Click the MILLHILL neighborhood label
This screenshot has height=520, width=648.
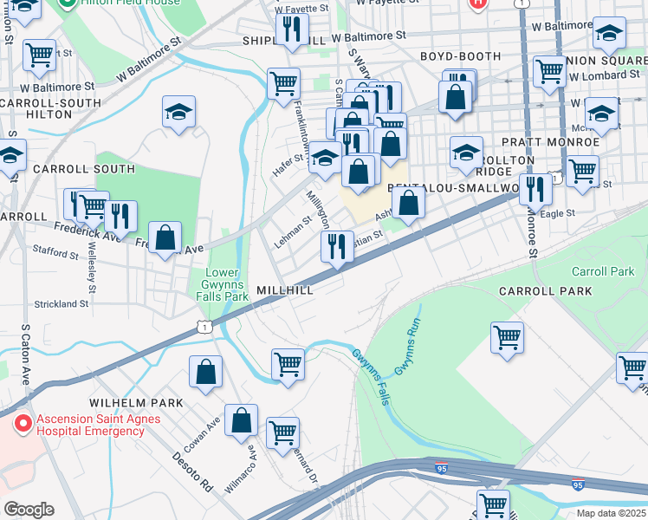(x=285, y=290)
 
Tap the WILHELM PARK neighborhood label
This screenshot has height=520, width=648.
(x=136, y=403)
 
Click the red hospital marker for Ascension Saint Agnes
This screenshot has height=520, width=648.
(x=23, y=424)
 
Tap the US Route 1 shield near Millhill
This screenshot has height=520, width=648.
(x=204, y=327)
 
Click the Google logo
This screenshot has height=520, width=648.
(x=29, y=510)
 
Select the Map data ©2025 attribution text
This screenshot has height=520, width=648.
(x=611, y=513)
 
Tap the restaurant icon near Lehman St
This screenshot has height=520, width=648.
(x=337, y=245)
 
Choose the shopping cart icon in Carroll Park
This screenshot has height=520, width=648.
(x=507, y=337)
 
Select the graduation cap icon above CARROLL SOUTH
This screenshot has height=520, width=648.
(x=178, y=111)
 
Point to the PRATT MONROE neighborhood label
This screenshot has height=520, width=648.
(x=561, y=141)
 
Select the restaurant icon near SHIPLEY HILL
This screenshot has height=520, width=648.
(x=288, y=29)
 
